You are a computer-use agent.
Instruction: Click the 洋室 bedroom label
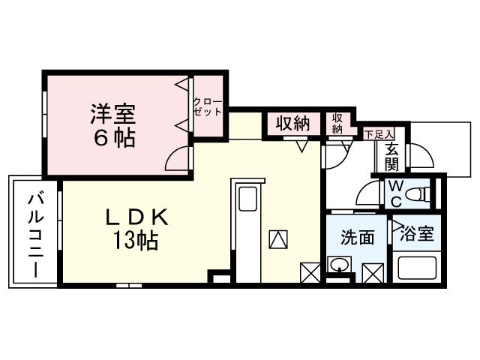(112, 115)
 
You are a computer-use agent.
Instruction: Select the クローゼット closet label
(208, 106)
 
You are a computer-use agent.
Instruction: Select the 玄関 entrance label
(392, 157)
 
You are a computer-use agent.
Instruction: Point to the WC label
(396, 193)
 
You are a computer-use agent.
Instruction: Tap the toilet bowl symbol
(424, 193)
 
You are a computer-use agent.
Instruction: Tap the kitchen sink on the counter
(247, 200)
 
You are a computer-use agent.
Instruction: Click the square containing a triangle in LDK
(277, 239)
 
